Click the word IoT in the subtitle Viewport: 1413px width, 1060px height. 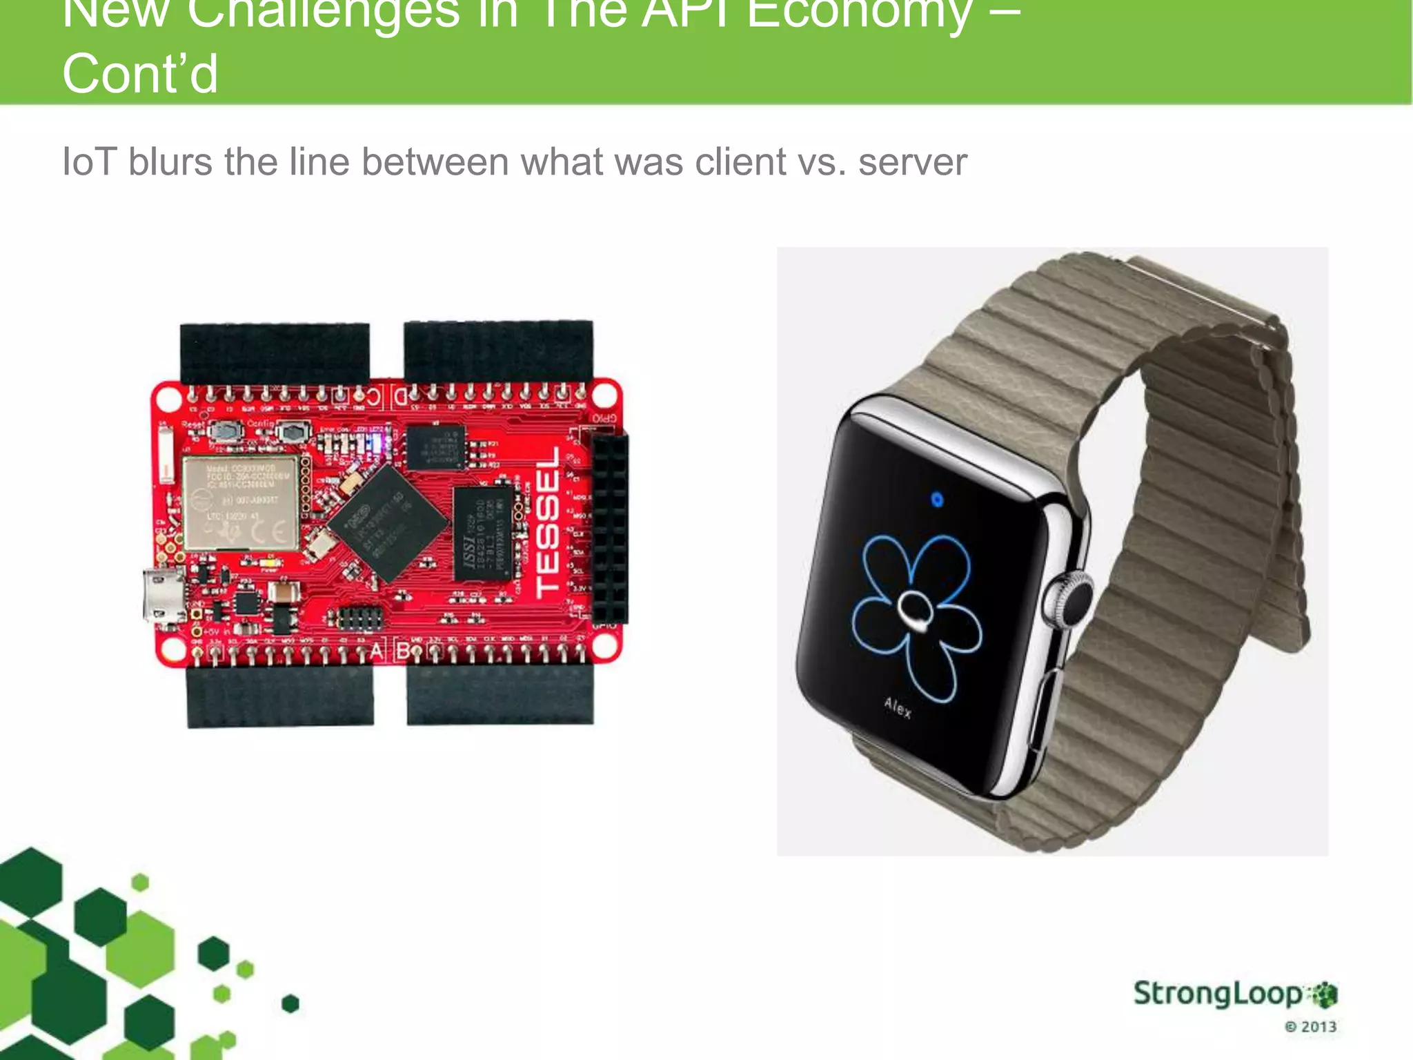coord(89,162)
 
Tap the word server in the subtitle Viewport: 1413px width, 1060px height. coord(912,162)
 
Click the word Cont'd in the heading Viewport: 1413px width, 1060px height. coord(140,74)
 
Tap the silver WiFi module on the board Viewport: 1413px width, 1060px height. coord(241,502)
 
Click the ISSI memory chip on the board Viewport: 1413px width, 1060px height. coord(482,533)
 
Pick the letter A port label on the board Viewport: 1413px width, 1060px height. coord(377,650)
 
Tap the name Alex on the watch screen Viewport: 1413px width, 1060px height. coord(898,707)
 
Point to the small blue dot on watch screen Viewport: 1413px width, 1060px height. coord(936,499)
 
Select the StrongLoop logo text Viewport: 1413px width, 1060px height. coord(1218,994)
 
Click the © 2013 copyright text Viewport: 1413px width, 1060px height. coord(1310,1026)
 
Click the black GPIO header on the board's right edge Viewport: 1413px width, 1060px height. coord(610,529)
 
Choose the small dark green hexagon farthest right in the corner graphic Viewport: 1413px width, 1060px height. coord(290,1003)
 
